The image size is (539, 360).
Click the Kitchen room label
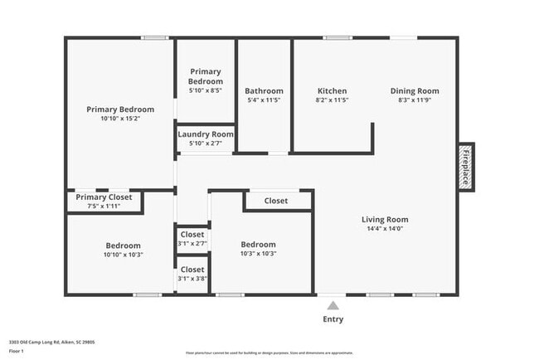pyautogui.click(x=333, y=91)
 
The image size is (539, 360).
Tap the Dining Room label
pyautogui.click(x=415, y=91)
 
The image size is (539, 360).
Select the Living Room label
pyautogui.click(x=385, y=220)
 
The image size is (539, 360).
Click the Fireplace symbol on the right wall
pyautogui.click(x=466, y=167)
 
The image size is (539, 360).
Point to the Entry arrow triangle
pyautogui.click(x=333, y=305)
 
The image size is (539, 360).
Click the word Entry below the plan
pyautogui.click(x=333, y=319)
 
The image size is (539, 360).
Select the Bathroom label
pyautogui.click(x=264, y=91)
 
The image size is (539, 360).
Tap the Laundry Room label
pyautogui.click(x=206, y=134)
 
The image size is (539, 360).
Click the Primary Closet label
pyautogui.click(x=104, y=197)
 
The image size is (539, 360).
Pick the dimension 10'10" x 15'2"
pyautogui.click(x=120, y=119)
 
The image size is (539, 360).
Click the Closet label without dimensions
pyautogui.click(x=276, y=201)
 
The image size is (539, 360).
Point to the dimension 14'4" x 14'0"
pyautogui.click(x=385, y=229)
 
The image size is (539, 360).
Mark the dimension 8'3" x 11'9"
pyautogui.click(x=415, y=100)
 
